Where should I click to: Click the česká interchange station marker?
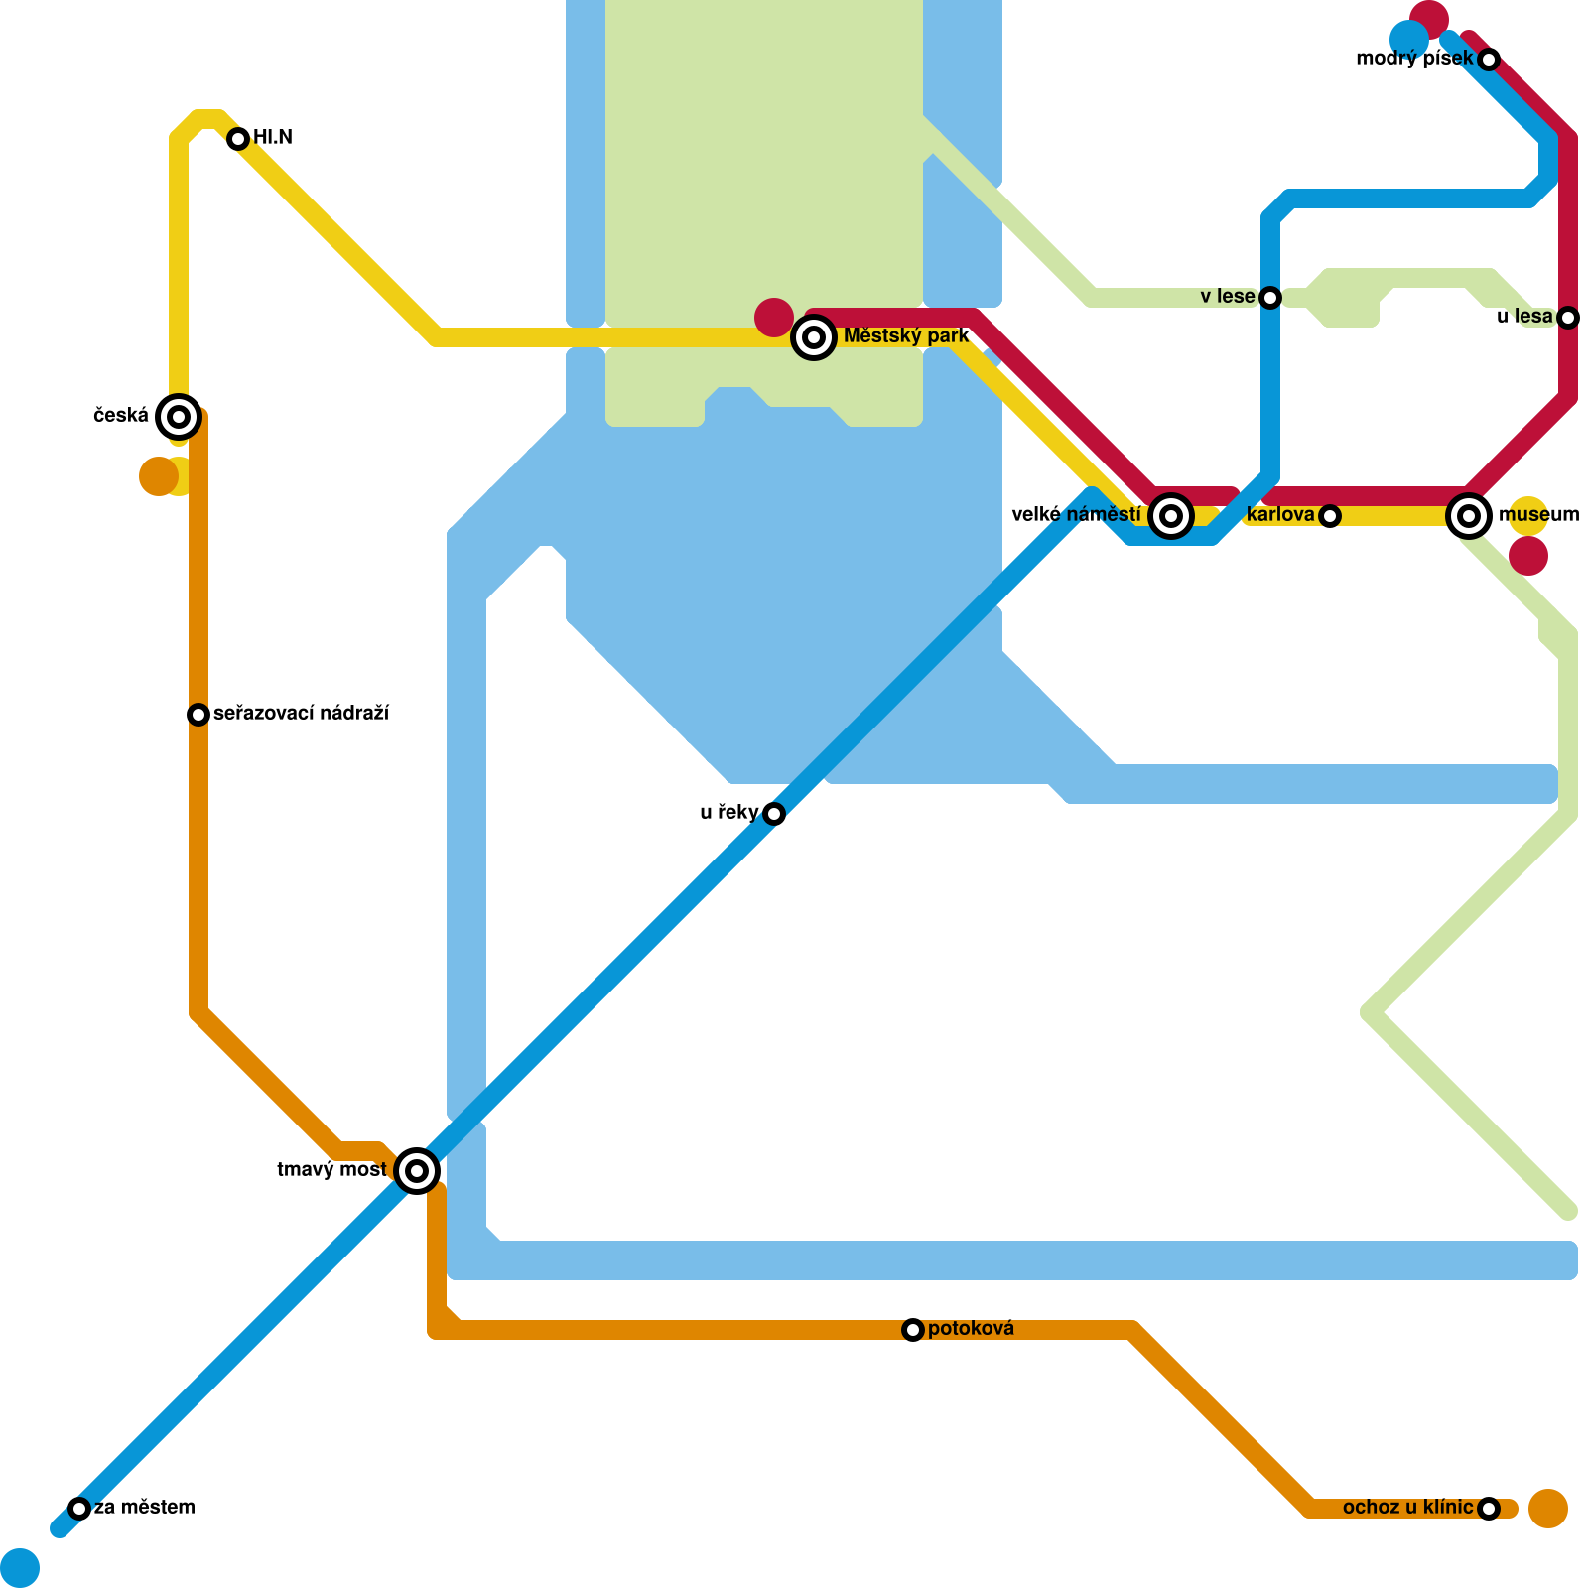pyautogui.click(x=179, y=417)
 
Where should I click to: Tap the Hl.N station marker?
pyautogui.click(x=237, y=139)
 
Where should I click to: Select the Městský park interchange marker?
pyautogui.click(x=814, y=338)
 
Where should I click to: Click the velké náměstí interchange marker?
pyautogui.click(x=1171, y=516)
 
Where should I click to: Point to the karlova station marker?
pyautogui.click(x=1330, y=516)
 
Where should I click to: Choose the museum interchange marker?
pyautogui.click(x=1469, y=516)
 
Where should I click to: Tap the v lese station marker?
pyautogui.click(x=1270, y=298)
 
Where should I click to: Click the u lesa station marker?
pyautogui.click(x=1568, y=318)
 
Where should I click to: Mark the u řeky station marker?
pyautogui.click(x=774, y=814)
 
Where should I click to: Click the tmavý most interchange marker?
pyautogui.click(x=417, y=1171)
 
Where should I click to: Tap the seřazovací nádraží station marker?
pyautogui.click(x=198, y=715)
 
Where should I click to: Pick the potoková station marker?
pyautogui.click(x=913, y=1330)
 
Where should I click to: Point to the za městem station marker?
pyautogui.click(x=79, y=1509)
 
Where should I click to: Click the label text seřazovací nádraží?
pyautogui.click(x=301, y=714)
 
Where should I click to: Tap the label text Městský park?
pyautogui.click(x=905, y=336)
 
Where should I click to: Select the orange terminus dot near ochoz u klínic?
pyautogui.click(x=1548, y=1509)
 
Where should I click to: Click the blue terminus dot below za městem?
pyautogui.click(x=20, y=1568)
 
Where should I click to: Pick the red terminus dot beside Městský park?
pyautogui.click(x=774, y=318)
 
